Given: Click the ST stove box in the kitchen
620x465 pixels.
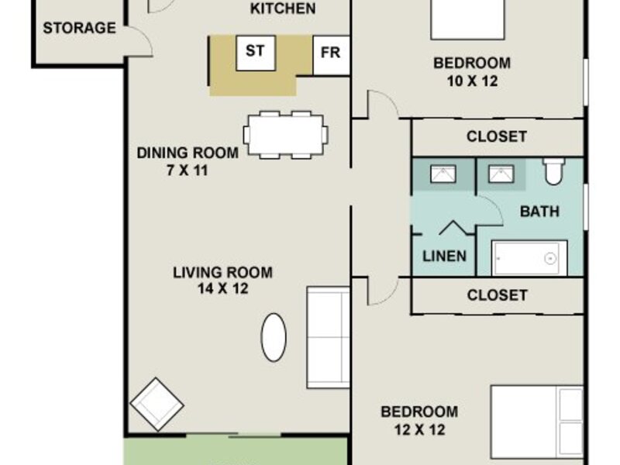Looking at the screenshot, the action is pos(256,53).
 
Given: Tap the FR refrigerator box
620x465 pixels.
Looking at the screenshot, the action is pos(332,55).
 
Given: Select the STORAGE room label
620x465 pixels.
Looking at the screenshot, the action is pos(80,28).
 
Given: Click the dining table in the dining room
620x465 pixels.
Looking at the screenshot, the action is pos(285,134).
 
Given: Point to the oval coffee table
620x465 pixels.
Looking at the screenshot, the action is pos(274,337).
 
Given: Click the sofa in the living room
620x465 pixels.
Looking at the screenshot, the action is pos(328,337).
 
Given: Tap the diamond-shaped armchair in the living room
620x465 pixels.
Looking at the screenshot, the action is pos(157,404).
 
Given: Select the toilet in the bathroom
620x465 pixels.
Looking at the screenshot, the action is pos(553,171).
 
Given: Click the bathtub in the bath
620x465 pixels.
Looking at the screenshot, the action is pos(529,258).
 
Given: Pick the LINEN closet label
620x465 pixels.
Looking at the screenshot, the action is pos(444,257).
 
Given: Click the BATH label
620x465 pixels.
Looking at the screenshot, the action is pos(539,212).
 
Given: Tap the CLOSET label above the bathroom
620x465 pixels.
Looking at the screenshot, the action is pos(497,136).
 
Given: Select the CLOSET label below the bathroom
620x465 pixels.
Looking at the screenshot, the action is pos(497,295).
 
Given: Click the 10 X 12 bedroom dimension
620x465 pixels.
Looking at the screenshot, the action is pos(472,81).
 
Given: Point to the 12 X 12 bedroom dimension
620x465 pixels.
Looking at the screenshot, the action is pos(420,430).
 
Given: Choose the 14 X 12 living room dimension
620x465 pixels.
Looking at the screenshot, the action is pos(223,288).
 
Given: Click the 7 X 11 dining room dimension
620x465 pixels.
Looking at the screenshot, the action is pos(187,170).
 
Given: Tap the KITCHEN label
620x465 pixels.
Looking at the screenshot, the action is pos(283,9).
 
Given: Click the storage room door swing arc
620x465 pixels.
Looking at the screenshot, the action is pos(144,38).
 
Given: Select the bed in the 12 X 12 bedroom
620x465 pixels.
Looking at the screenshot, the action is pos(537,422).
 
